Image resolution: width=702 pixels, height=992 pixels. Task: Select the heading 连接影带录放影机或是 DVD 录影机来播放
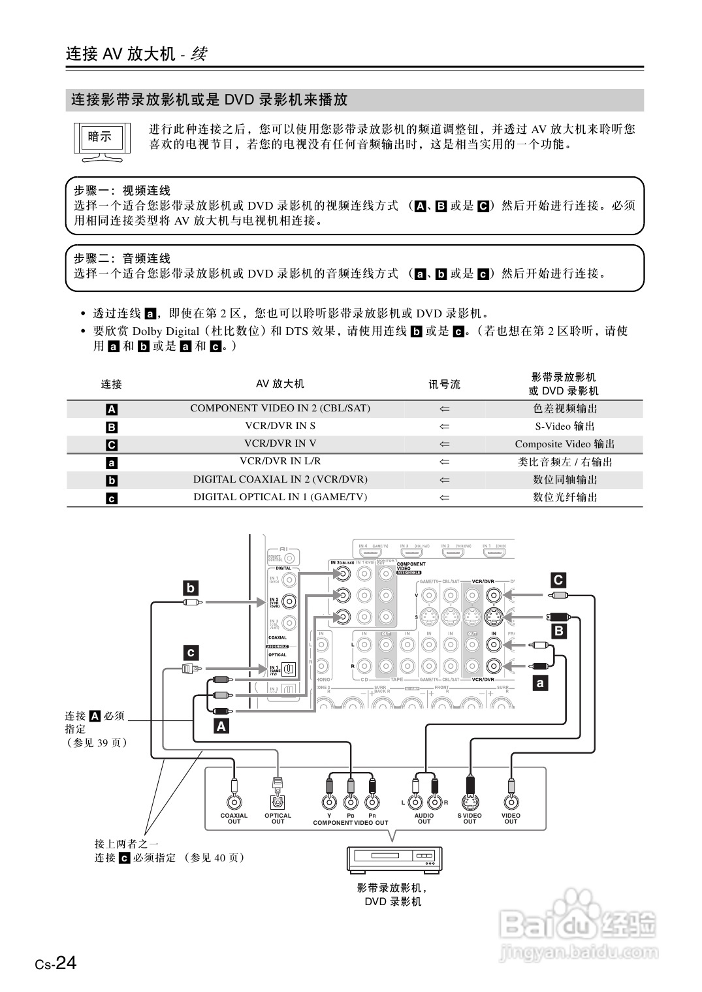(x=209, y=100)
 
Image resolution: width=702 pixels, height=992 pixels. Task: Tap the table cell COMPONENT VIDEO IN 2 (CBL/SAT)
(x=280, y=408)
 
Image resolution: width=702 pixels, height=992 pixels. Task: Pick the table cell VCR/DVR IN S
(x=280, y=426)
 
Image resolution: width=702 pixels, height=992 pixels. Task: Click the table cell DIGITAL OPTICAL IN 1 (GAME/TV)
(x=280, y=497)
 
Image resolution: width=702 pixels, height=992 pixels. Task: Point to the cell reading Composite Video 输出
(x=565, y=444)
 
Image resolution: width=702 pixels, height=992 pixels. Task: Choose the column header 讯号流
(x=444, y=385)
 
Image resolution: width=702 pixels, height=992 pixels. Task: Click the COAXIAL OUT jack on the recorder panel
(x=234, y=803)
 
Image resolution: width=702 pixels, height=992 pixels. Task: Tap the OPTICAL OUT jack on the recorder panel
(x=278, y=803)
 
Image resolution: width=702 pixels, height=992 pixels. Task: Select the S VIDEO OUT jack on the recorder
(x=469, y=803)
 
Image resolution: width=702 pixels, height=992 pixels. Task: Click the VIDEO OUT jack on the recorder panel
(x=511, y=803)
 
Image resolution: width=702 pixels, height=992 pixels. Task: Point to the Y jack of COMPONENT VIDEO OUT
(x=329, y=803)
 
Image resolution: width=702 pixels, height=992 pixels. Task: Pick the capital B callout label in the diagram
(x=558, y=631)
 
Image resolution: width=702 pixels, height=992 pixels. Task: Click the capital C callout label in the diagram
(x=558, y=580)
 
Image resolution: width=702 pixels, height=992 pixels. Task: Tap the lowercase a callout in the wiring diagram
(x=540, y=684)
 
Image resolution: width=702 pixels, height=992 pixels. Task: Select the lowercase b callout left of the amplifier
(x=190, y=588)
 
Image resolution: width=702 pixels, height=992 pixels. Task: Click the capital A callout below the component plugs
(x=221, y=726)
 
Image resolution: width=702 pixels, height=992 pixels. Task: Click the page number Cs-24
(x=56, y=964)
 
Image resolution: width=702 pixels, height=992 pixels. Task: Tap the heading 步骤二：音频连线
(x=122, y=259)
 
